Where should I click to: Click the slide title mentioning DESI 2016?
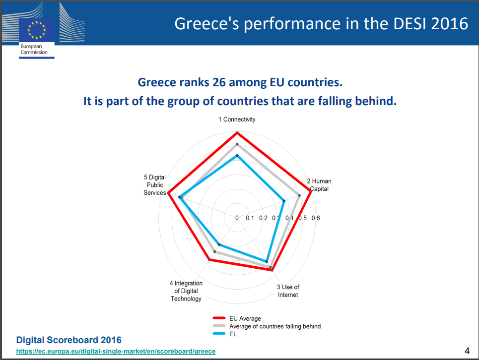(x=321, y=23)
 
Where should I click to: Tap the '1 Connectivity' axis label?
(x=237, y=120)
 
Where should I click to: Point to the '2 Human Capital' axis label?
(x=319, y=185)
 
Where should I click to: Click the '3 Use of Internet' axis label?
(x=288, y=291)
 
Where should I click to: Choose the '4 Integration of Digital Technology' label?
(x=186, y=291)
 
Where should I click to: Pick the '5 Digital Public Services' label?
(x=154, y=185)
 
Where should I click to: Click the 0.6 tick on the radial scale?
(x=315, y=218)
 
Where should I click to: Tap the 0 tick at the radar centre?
(x=237, y=218)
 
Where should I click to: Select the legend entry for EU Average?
(x=245, y=318)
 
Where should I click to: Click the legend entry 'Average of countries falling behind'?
(x=275, y=326)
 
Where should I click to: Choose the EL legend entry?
(x=233, y=334)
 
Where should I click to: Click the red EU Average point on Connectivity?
(x=237, y=133)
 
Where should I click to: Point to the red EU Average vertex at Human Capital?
(x=311, y=193)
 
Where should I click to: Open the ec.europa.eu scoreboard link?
(x=116, y=351)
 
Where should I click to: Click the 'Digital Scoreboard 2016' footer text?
(x=69, y=340)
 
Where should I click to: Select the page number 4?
(x=467, y=351)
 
